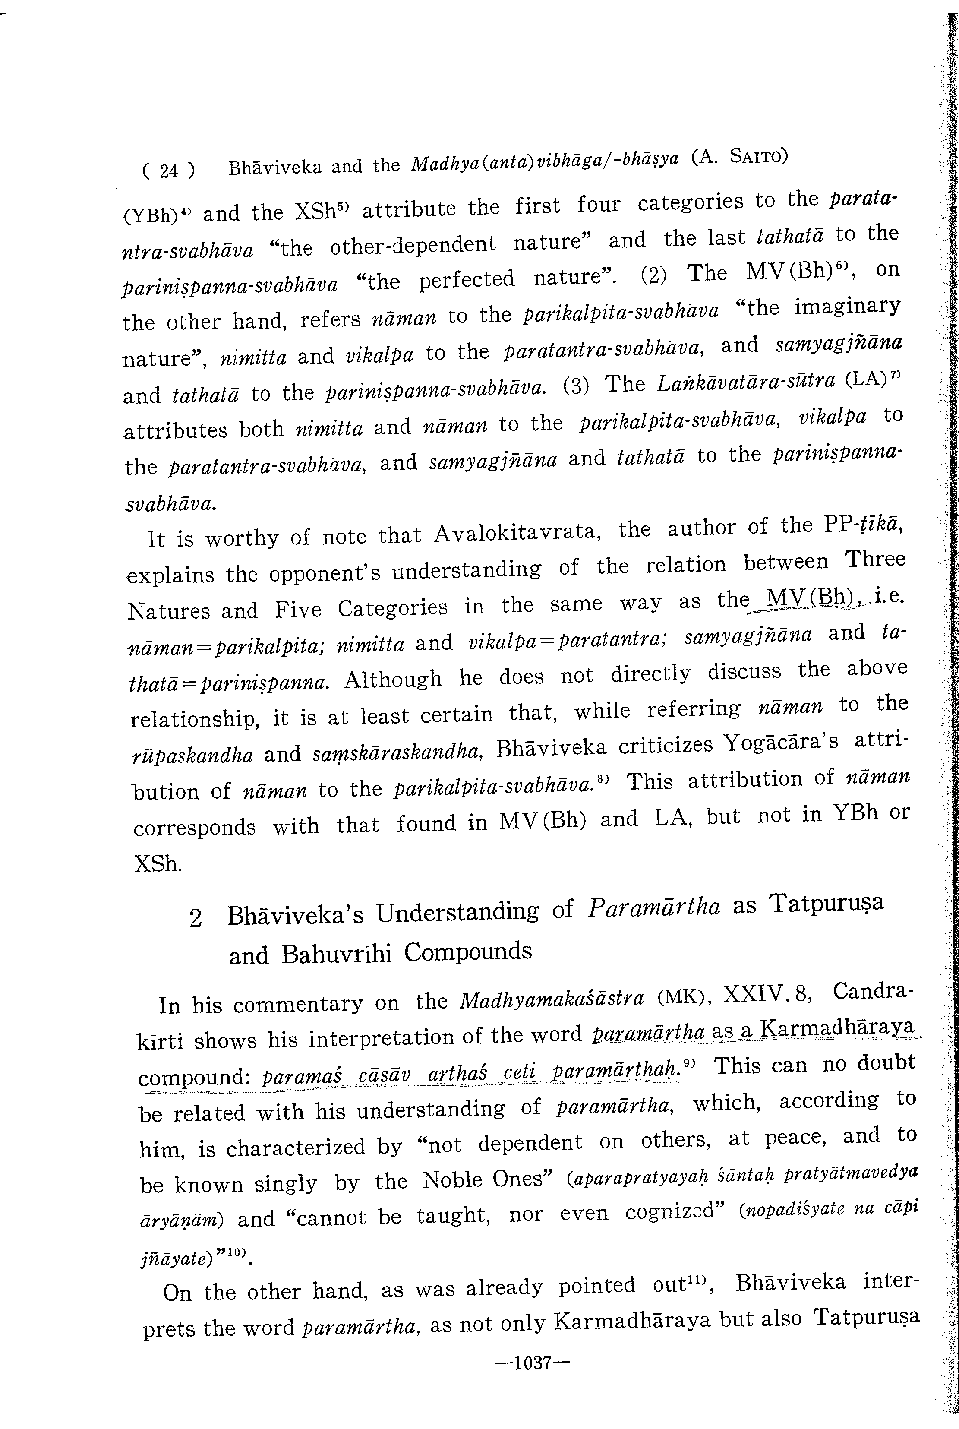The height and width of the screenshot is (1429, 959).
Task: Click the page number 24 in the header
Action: (x=168, y=169)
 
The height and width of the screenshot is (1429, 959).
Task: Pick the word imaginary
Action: (x=847, y=306)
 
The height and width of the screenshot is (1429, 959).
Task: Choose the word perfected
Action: (x=467, y=280)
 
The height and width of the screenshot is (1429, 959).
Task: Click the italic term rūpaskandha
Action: (x=192, y=755)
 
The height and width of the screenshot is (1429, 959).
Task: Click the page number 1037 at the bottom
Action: (x=533, y=1363)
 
